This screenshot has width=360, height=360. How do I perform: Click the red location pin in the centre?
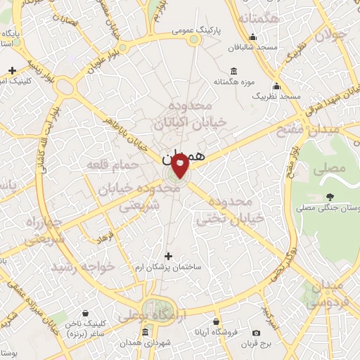coord(181,165)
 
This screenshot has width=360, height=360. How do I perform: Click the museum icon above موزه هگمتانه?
coord(234,71)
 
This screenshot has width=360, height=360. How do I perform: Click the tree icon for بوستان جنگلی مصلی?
coord(330,196)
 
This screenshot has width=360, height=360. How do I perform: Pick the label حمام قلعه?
coord(105,165)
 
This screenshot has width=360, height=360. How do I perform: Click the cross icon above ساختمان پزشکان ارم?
coord(167,257)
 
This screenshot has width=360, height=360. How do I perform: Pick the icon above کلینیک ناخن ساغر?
coord(85,312)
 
